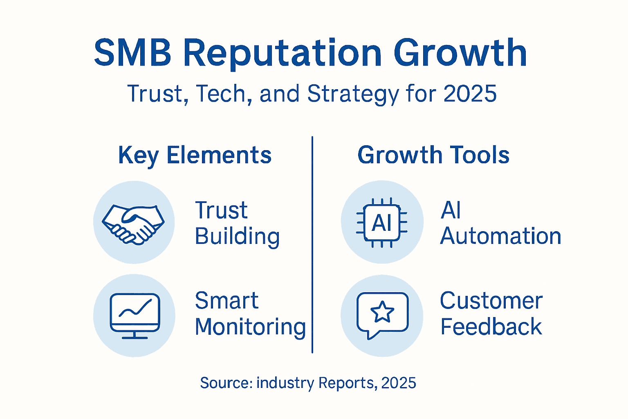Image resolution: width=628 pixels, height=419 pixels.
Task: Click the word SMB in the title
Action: tap(132, 53)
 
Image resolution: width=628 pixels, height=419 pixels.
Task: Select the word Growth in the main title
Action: tap(460, 53)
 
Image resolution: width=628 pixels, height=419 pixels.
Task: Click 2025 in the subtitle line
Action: tap(470, 94)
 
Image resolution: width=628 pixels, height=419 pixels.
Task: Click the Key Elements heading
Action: tap(195, 155)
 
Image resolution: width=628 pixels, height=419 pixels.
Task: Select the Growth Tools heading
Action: tap(433, 155)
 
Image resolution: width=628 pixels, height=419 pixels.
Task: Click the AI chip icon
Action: tap(382, 223)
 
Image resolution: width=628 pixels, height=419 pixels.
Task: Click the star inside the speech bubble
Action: tap(382, 312)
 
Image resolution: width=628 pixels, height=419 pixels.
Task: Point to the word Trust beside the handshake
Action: tap(221, 210)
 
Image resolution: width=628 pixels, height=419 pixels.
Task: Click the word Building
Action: tap(237, 237)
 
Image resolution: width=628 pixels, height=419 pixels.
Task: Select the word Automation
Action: tap(500, 237)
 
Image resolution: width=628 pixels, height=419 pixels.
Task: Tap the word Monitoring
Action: tap(250, 327)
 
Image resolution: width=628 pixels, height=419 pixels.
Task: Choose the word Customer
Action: tap(491, 301)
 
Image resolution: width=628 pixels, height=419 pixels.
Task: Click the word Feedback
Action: tap(491, 327)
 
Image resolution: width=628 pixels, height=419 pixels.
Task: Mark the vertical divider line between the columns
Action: tap(312, 246)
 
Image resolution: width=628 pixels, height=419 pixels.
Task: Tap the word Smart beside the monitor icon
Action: tap(227, 301)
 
